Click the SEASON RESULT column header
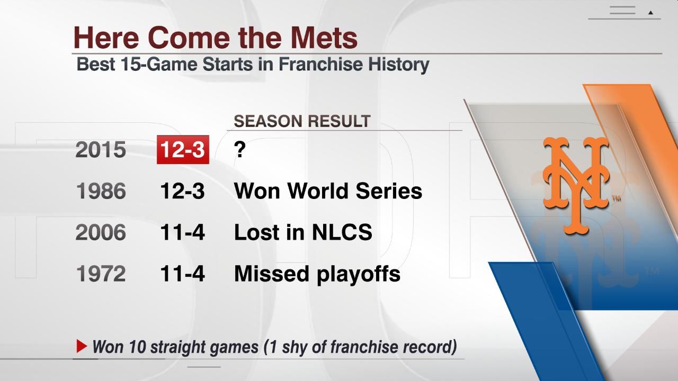(301, 121)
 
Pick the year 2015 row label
(101, 150)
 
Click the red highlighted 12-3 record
(183, 150)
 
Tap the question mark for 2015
(239, 150)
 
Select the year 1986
(101, 191)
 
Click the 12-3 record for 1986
(182, 191)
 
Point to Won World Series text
(328, 191)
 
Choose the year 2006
(101, 232)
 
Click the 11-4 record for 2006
(182, 232)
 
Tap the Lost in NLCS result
(302, 232)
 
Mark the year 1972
(101, 274)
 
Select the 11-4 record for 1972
(182, 274)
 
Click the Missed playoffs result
(317, 274)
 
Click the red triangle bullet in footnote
(82, 347)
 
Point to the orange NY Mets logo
(576, 185)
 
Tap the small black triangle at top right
(650, 12)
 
